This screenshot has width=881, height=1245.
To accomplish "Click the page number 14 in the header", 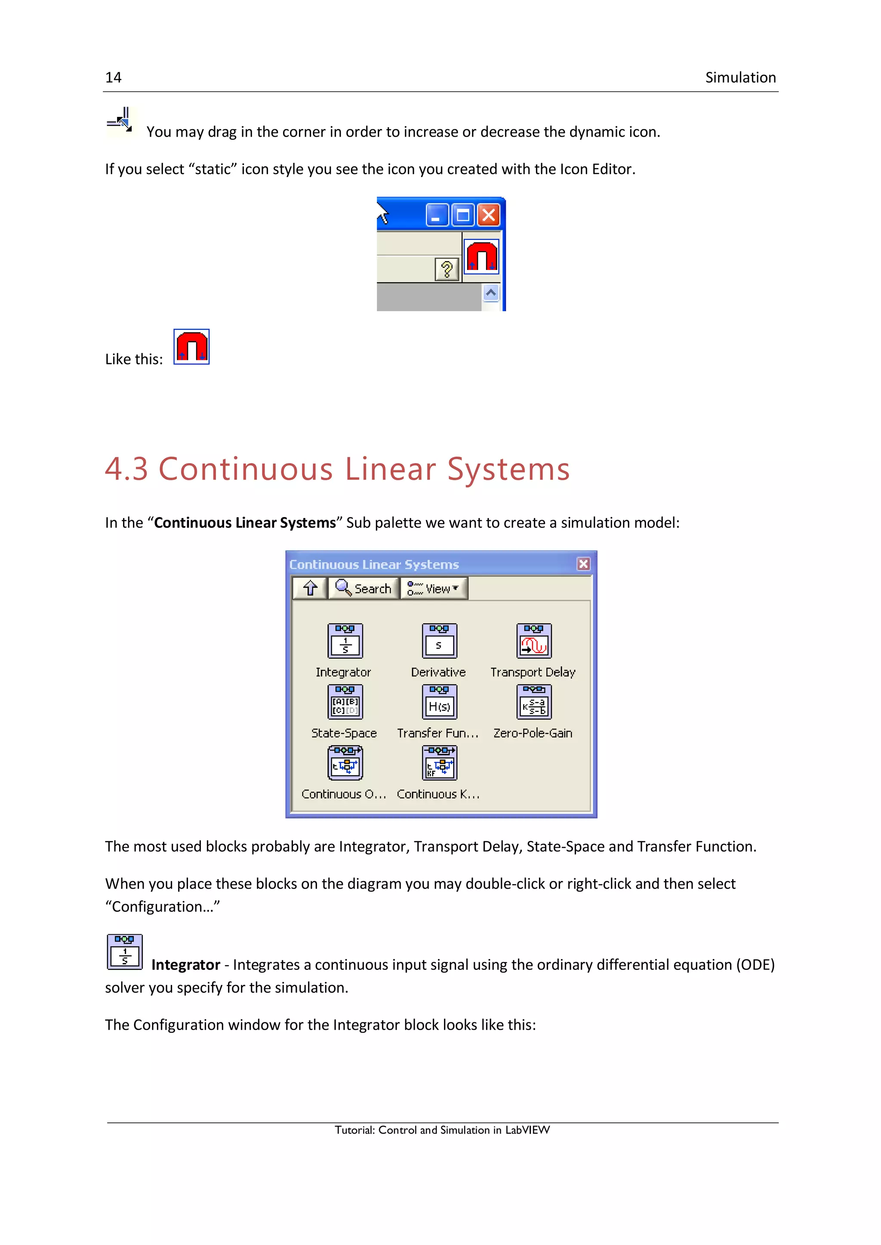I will pos(114,77).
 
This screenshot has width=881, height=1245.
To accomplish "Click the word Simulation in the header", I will pos(740,77).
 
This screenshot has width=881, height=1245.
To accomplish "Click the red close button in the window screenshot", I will pos(489,215).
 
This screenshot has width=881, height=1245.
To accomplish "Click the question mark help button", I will pos(447,269).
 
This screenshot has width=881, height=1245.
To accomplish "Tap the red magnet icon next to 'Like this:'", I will pos(191,347).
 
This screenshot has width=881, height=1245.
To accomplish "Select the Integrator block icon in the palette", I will pos(345,641).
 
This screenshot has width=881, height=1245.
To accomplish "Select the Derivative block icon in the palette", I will pos(439,641).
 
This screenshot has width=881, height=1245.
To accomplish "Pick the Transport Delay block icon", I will pos(534,641).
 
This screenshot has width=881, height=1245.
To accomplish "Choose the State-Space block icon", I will pos(345,702).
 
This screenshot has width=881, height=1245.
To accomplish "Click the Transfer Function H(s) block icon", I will pos(439,702).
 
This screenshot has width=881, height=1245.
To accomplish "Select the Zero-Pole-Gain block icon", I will pos(534,702).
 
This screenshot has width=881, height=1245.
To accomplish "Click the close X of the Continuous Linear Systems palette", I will pos(583,564).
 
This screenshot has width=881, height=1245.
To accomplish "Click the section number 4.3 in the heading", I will pos(126,469).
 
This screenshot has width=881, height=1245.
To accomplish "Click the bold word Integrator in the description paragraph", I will pos(185,965).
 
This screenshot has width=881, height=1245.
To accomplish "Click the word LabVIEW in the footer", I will pos(527,1130).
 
